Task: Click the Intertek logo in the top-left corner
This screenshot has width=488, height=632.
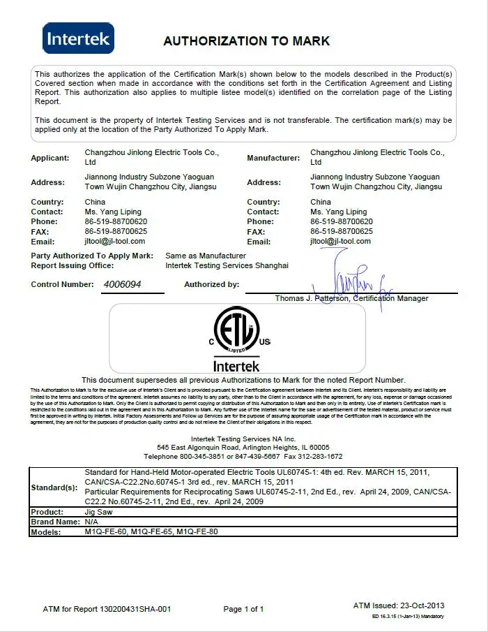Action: click(78, 38)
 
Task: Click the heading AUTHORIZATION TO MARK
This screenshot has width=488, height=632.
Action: click(246, 41)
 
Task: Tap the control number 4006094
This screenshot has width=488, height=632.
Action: click(123, 285)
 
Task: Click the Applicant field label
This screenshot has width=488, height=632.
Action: click(49, 159)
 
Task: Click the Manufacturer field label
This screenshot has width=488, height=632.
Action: click(273, 159)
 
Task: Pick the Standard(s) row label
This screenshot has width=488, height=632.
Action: click(54, 487)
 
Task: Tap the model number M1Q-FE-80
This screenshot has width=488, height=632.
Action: click(197, 532)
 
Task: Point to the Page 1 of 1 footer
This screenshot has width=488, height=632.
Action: click(243, 609)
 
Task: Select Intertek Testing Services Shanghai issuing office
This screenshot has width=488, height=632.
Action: click(227, 265)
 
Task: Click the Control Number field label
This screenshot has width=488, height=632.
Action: click(62, 285)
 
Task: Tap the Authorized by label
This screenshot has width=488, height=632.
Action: click(211, 285)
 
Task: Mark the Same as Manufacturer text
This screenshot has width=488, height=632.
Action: click(206, 256)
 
